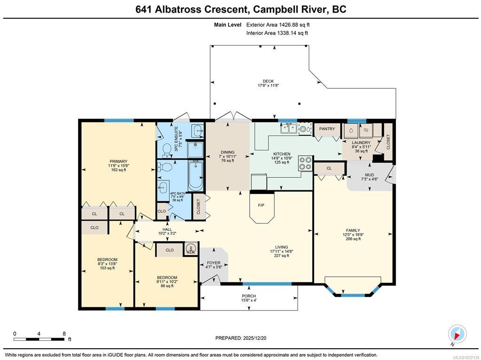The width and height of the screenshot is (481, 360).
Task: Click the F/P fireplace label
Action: pos(261,205)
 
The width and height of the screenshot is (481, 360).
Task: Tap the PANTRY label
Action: pos(327,129)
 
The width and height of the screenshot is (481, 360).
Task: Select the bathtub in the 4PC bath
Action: pos(196,176)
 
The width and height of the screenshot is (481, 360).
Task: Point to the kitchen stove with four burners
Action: pos(305,163)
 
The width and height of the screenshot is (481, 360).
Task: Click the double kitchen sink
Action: pos(288,128)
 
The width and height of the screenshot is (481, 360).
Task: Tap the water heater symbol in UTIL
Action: pos(190,248)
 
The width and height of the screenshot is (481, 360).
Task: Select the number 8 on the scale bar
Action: pos(64,334)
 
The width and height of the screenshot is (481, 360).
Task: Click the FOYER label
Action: pos(213,263)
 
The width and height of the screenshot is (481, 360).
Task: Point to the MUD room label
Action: pos(370,175)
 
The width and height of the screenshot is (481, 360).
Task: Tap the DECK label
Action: pos(268,81)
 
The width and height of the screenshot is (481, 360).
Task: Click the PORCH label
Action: pos(249,296)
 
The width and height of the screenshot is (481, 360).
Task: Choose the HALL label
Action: pos(167,229)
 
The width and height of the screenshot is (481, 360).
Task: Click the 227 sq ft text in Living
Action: pos(282,256)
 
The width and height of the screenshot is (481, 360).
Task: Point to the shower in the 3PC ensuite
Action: pos(196,149)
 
